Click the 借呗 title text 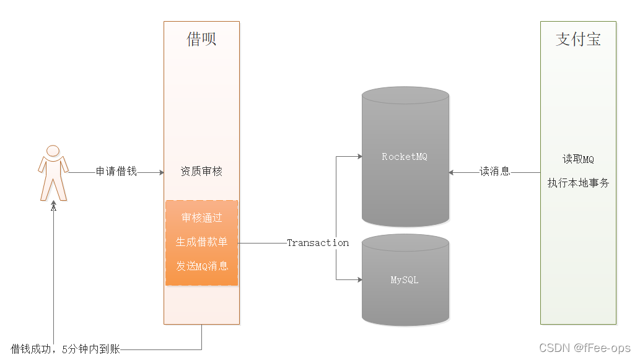click(201, 40)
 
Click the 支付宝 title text click(578, 40)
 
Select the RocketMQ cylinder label click(405, 157)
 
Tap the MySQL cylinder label click(405, 280)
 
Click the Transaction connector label click(318, 243)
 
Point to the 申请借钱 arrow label click(116, 172)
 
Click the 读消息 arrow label click(495, 172)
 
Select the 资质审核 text click(201, 172)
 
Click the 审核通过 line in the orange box click(201, 218)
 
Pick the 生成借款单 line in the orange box click(201, 242)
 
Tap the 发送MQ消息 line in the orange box click(201, 266)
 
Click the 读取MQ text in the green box click(578, 159)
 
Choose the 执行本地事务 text click(578, 183)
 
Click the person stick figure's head click(53, 151)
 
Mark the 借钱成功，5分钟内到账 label click(65, 349)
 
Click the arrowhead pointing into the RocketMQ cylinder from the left click(359, 157)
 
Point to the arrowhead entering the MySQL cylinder click(359, 280)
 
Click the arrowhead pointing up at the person click(54, 208)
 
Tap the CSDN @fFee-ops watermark click(584, 348)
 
